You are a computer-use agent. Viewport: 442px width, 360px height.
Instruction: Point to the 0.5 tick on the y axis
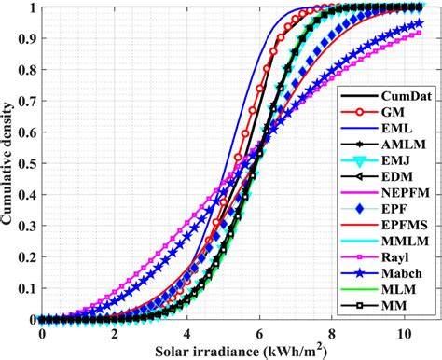tap(25, 163)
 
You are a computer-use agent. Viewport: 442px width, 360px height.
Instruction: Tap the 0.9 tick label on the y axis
tap(25, 38)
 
